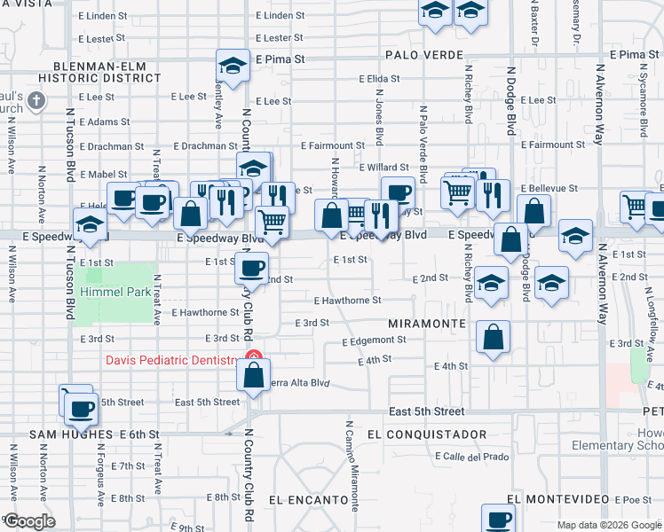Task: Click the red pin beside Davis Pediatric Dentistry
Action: (253, 360)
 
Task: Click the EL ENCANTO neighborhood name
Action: (309, 500)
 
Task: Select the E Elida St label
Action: (382, 79)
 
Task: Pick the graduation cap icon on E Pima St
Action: (233, 67)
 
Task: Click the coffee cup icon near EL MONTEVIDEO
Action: (498, 519)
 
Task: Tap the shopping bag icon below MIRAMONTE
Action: (493, 337)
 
